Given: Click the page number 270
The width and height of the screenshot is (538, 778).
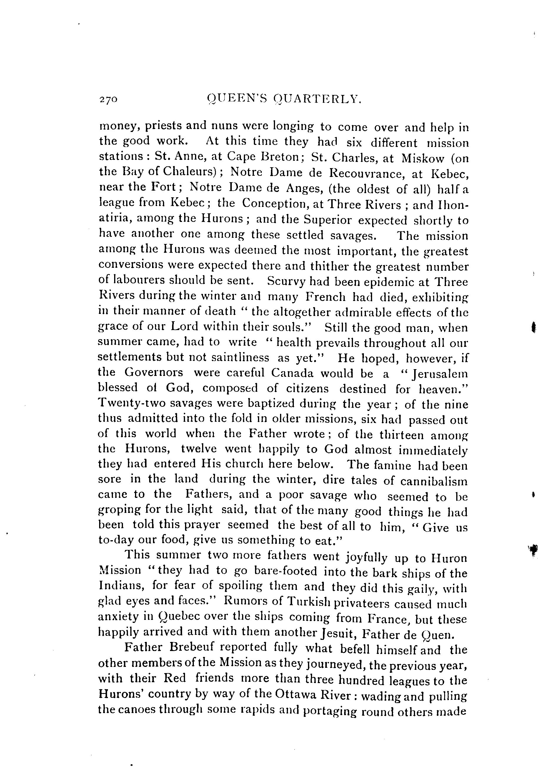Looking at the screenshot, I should [x=108, y=100].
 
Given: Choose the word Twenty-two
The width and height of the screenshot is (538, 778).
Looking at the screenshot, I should [x=136, y=403].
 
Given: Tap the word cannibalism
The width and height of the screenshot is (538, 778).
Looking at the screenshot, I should [x=434, y=481].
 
